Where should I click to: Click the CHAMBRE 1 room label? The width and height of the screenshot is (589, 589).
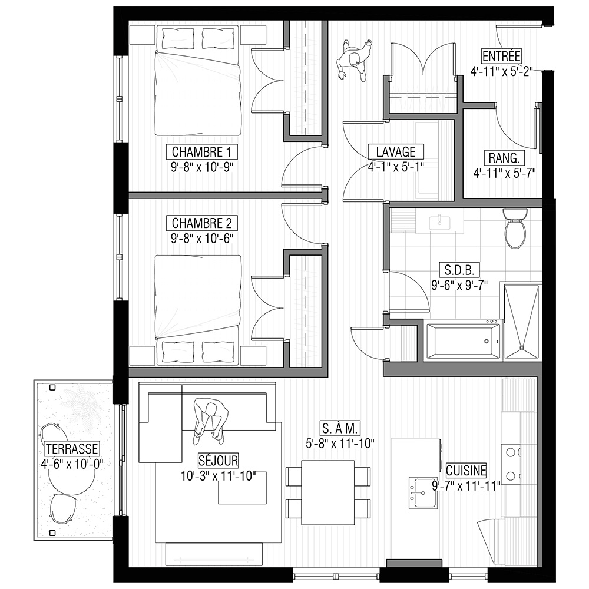click(201, 152)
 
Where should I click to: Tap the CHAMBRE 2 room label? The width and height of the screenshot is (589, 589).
click(201, 223)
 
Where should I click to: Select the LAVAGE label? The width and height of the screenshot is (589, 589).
click(396, 152)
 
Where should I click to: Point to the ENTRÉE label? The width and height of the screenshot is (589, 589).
click(501, 56)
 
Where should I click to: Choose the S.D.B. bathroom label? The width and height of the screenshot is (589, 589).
click(459, 270)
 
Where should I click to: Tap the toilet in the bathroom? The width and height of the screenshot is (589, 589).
click(516, 228)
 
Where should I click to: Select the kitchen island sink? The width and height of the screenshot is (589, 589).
click(423, 492)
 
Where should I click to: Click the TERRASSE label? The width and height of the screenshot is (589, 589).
click(72, 448)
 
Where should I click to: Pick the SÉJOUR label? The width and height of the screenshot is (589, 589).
click(219, 461)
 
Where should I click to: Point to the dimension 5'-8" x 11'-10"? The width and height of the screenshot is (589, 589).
click(340, 444)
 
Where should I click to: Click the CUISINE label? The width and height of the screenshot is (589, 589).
click(466, 470)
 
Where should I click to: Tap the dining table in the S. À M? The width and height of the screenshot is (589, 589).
click(328, 492)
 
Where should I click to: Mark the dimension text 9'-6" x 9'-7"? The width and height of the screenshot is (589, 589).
click(459, 286)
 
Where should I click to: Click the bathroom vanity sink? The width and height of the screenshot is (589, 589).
click(440, 222)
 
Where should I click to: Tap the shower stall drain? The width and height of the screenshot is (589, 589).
click(521, 348)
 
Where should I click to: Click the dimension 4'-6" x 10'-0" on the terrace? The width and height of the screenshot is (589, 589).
click(72, 464)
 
